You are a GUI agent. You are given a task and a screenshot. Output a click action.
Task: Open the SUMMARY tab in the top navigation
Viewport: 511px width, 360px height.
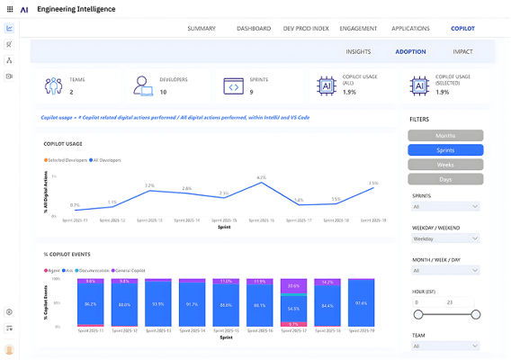tap(202, 28)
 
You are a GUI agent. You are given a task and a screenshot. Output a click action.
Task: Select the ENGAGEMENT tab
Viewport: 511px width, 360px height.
tap(358, 28)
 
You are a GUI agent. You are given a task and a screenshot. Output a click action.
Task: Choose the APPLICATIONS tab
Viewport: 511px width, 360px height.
tap(410, 28)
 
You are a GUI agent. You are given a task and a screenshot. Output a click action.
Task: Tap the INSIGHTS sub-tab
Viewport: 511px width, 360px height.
tap(358, 51)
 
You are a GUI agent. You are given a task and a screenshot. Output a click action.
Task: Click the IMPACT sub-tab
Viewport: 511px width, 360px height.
tap(462, 51)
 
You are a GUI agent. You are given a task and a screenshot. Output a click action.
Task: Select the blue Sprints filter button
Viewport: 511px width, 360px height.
tap(445, 150)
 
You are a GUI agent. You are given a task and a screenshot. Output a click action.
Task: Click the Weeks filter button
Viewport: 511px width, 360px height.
tap(445, 166)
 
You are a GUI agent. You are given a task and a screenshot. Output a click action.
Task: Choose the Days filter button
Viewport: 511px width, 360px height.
tap(445, 180)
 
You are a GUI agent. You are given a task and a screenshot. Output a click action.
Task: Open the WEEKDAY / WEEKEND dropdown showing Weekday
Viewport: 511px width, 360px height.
tap(445, 238)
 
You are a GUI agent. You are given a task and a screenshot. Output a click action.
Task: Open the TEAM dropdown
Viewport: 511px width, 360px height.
tap(445, 345)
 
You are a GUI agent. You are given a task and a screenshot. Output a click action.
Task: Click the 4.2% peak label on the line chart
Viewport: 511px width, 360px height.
tap(261, 178)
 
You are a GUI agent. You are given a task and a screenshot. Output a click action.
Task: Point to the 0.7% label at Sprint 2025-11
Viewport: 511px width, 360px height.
tap(75, 205)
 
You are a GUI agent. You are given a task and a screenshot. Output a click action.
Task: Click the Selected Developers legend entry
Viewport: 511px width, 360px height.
tap(67, 159)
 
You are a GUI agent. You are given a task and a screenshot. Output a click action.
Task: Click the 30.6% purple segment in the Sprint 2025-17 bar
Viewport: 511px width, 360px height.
tap(293, 285)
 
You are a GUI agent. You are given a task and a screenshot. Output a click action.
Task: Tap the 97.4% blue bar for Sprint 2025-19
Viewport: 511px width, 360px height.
tap(361, 303)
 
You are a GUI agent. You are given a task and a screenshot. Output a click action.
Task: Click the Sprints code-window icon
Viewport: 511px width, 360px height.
tap(233, 86)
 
